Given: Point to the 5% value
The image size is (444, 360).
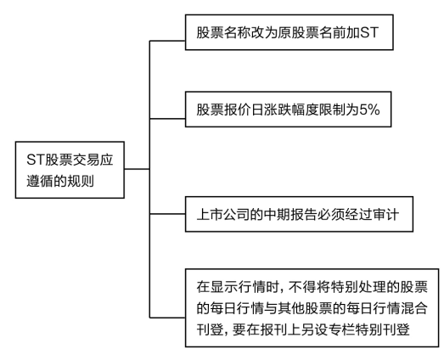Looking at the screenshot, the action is click(369, 110).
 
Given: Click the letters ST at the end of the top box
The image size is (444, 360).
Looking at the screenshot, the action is click(369, 32).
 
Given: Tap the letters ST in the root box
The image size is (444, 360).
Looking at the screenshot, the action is click(36, 160).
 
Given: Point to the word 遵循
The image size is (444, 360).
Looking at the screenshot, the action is click(40, 181).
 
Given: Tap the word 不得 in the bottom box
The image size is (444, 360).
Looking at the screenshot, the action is click(302, 287).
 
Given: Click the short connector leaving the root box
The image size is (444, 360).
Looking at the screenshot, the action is click(137, 169).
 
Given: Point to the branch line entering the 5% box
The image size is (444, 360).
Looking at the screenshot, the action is click(167, 119).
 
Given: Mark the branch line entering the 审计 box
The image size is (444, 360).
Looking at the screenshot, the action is click(167, 214).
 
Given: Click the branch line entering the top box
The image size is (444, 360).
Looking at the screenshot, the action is click(167, 41).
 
